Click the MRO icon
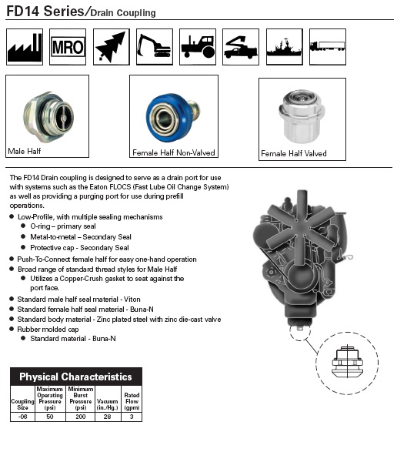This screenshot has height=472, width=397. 68,47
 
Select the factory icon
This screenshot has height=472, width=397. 25,47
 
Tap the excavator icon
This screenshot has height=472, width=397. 155,47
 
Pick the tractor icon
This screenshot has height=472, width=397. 198,47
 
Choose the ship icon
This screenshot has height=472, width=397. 285,47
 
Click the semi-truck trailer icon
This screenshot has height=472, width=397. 328,47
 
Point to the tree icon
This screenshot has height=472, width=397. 112,47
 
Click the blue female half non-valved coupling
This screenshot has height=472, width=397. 172,117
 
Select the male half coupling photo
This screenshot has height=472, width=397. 48,116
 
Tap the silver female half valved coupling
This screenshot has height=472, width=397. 302,116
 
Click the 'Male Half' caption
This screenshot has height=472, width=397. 25,151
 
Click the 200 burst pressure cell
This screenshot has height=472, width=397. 80,417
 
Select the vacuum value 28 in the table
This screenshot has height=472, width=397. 108,417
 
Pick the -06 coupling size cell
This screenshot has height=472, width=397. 22,417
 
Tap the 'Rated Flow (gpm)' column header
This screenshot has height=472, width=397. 132,401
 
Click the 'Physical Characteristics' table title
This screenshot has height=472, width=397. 76,377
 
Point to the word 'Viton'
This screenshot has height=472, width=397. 132,300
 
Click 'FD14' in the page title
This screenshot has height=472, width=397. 23,12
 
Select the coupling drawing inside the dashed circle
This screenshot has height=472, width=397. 347,362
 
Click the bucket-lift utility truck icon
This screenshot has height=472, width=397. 241,47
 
